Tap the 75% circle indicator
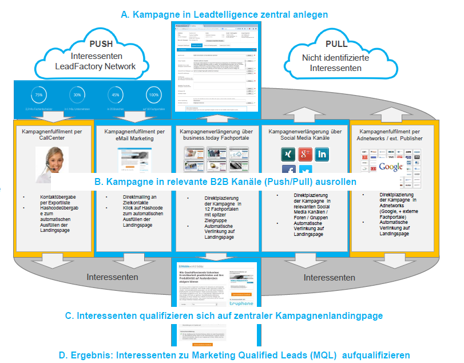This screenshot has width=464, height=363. (38, 95)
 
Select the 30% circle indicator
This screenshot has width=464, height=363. (77, 95)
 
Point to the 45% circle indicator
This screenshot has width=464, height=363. (115, 95)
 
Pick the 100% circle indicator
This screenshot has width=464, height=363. (153, 95)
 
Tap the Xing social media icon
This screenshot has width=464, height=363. (289, 153)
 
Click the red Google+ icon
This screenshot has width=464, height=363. (306, 153)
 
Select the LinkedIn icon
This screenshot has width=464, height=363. (323, 153)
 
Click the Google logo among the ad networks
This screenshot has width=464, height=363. (390, 167)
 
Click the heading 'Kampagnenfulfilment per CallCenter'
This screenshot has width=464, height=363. (53, 135)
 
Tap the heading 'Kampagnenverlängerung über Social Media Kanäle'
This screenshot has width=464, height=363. (305, 135)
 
